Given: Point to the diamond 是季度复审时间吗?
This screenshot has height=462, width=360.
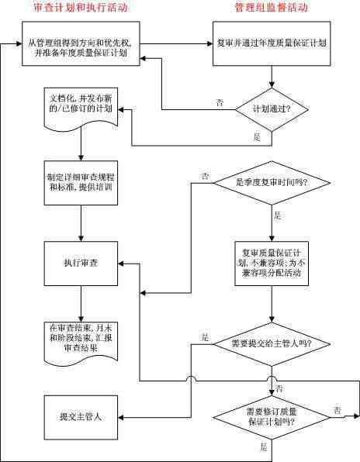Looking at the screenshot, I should [272, 183].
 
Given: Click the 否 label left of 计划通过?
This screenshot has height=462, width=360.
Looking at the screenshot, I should [220, 102].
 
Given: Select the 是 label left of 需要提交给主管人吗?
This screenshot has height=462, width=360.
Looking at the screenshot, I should [205, 337].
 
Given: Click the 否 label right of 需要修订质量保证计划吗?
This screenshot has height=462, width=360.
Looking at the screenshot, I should [337, 409].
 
